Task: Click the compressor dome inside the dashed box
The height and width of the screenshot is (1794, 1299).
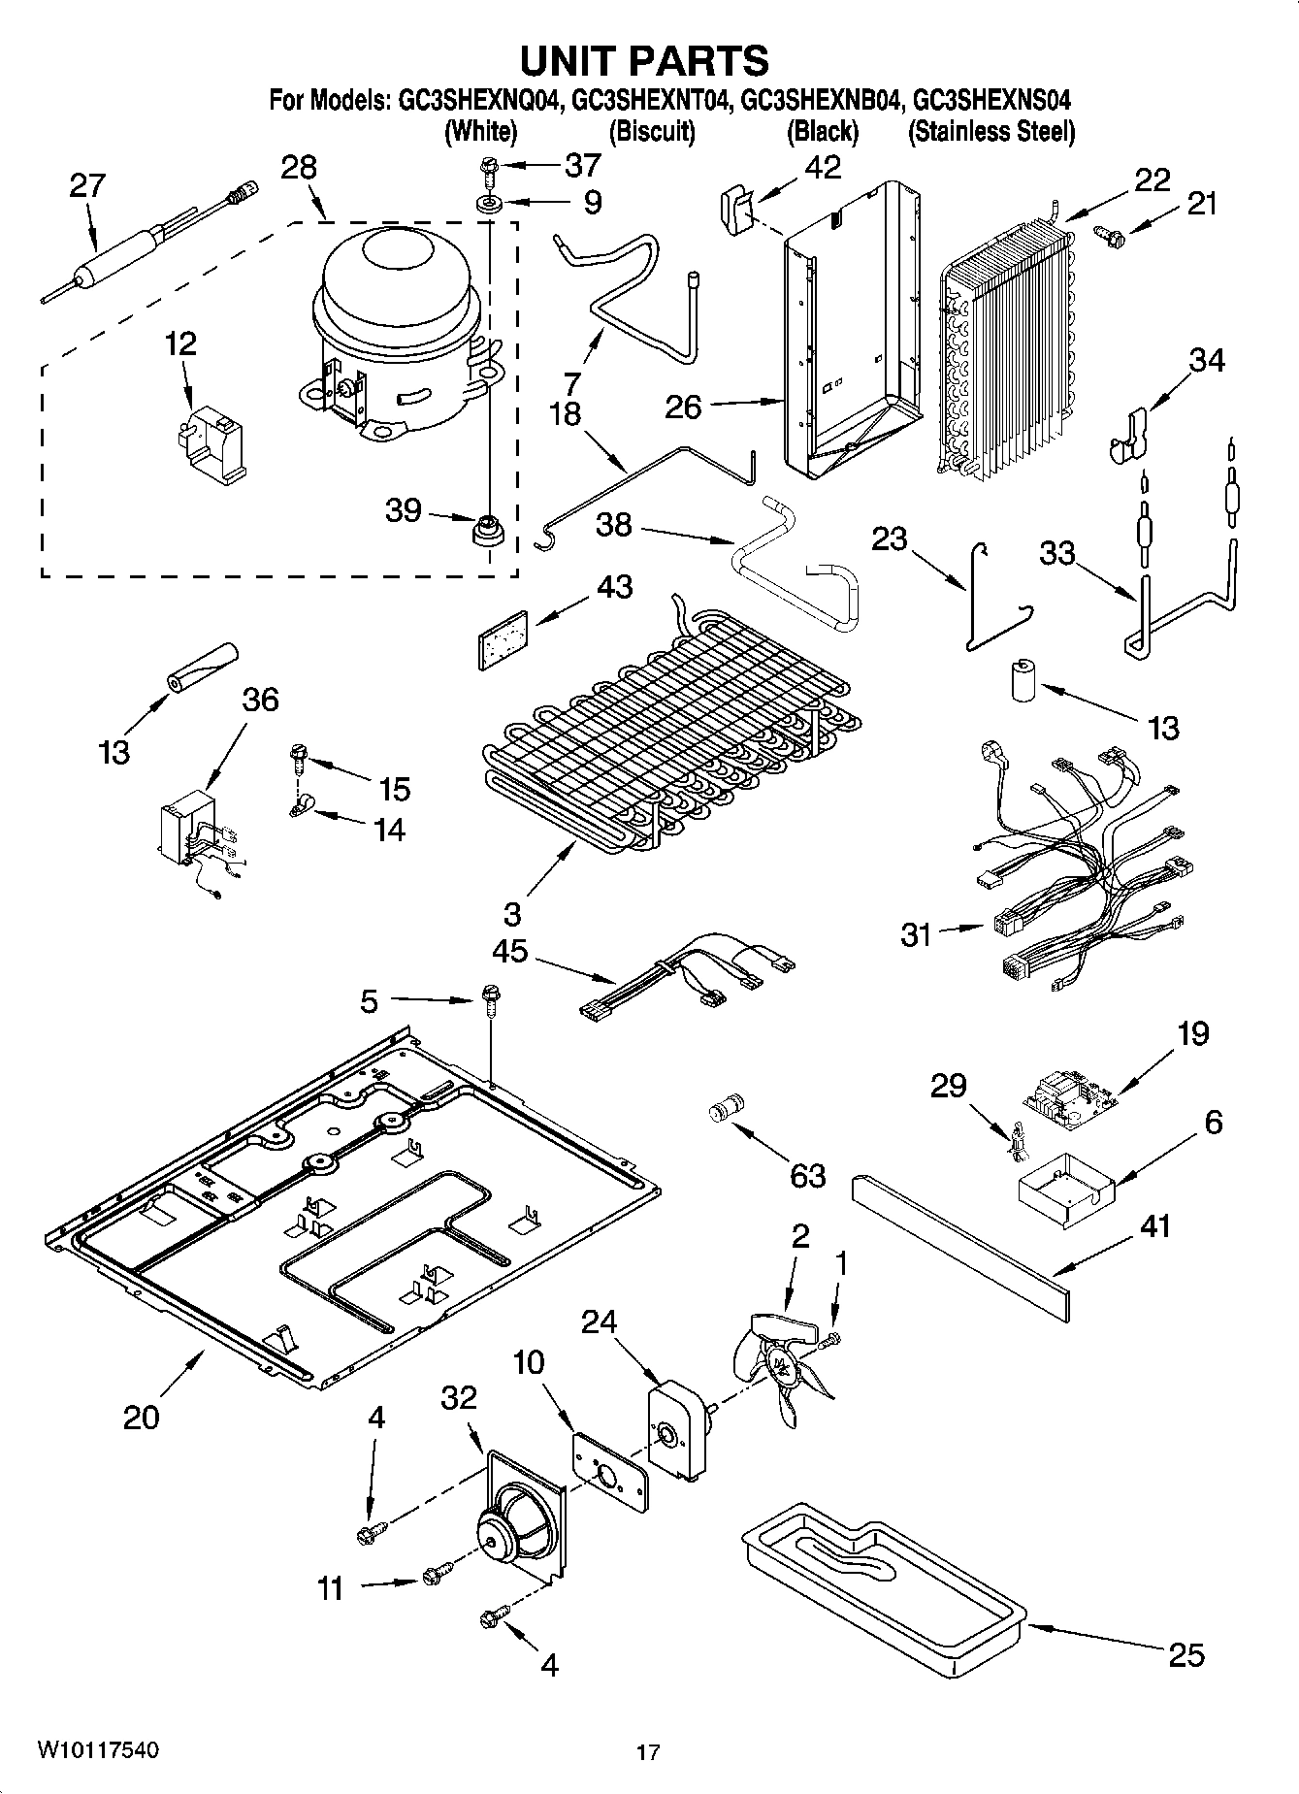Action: pos(398,281)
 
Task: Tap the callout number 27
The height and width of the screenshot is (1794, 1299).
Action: pos(87,185)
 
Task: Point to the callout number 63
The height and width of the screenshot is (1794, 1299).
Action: pos(807,1175)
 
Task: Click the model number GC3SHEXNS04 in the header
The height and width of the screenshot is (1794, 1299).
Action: pos(992,100)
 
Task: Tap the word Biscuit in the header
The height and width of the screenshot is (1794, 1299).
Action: pos(652,131)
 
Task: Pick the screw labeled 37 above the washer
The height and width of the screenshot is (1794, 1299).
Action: pos(485,172)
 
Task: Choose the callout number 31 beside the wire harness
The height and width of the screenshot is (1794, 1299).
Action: pos(916,934)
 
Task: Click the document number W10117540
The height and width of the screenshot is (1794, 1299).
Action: pos(98,1750)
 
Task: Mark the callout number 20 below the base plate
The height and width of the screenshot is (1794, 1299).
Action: pos(142,1418)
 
